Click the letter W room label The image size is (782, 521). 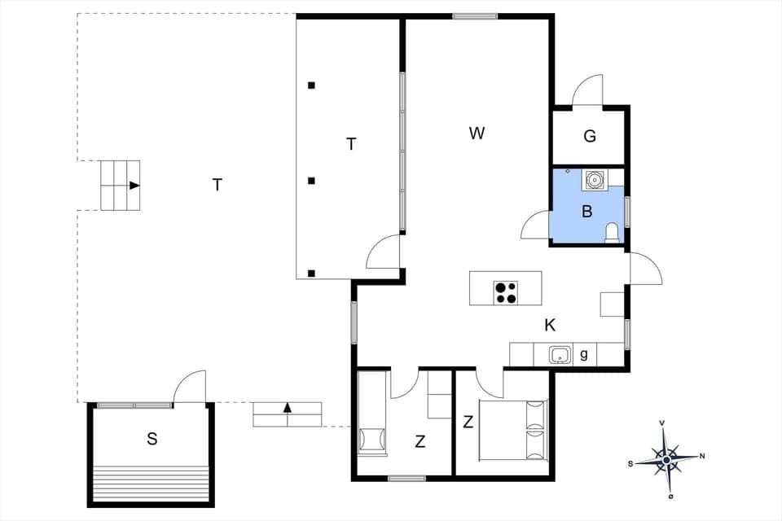click(477, 133)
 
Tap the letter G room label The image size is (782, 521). click(590, 136)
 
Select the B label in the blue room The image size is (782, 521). click(586, 212)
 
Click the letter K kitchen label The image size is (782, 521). click(550, 326)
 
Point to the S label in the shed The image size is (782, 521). click(152, 440)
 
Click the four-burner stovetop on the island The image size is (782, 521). click(505, 292)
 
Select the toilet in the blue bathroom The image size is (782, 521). click(612, 233)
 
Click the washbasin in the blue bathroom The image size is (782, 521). click(594, 180)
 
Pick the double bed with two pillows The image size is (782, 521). click(513, 429)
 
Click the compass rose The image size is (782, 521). click(666, 460)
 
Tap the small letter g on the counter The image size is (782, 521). click(584, 355)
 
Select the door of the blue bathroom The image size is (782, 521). click(535, 225)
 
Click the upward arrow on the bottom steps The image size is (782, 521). click(287, 407)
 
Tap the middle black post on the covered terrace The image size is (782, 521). click(311, 180)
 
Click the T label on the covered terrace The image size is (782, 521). click(351, 144)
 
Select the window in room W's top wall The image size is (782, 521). click(475, 15)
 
